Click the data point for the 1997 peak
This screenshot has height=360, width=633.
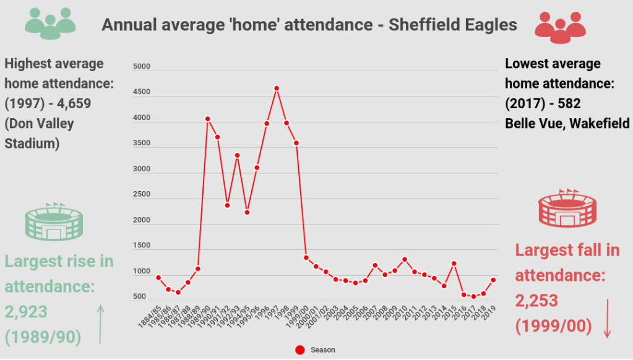(277, 88)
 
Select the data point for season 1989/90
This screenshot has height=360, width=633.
(208, 119)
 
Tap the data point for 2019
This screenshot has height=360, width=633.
(493, 280)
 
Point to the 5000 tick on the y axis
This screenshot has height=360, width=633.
(142, 67)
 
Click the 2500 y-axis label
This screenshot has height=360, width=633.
(142, 194)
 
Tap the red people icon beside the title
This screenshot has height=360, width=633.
(560, 26)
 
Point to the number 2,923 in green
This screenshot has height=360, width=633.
(26, 312)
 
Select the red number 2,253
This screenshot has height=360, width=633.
(537, 301)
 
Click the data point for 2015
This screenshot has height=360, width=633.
(454, 264)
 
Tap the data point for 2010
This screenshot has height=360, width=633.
(405, 259)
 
